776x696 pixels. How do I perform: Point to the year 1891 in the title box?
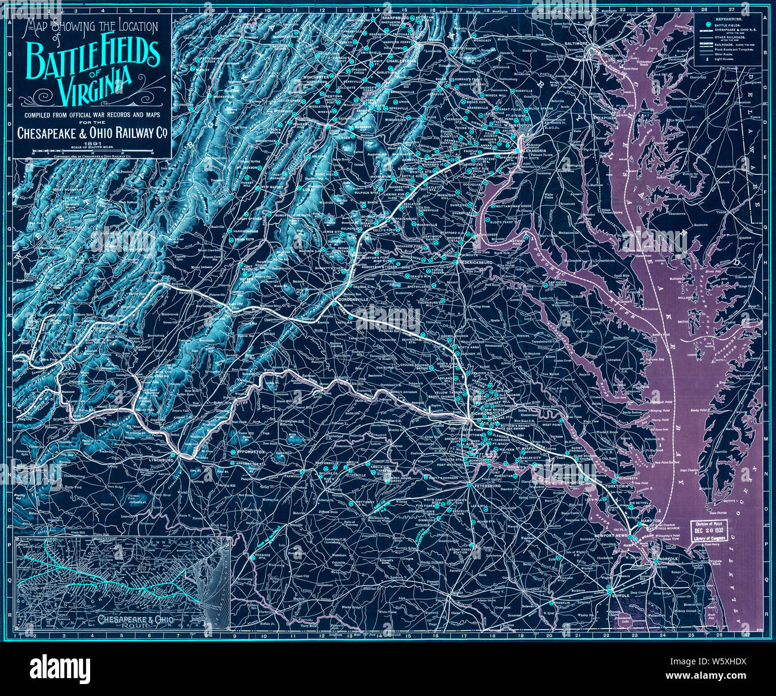(93, 143)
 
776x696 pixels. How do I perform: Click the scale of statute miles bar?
(93, 150)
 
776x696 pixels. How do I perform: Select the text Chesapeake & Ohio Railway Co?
(93, 132)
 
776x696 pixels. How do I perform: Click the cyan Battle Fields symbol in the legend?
(708, 25)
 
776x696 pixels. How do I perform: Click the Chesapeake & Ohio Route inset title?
(136, 621)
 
